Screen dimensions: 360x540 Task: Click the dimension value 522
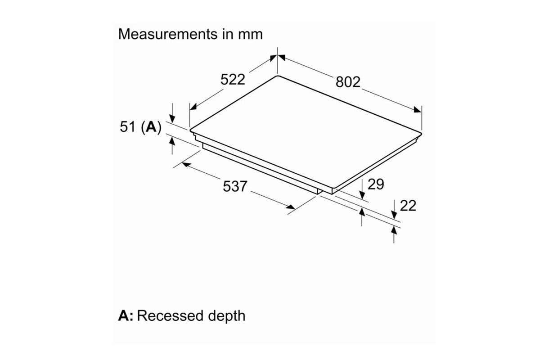point(233,80)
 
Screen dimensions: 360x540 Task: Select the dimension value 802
point(348,82)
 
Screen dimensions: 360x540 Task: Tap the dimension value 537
point(235,186)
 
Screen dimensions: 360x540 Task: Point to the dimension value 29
point(376,184)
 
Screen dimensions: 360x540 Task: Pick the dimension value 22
point(408,206)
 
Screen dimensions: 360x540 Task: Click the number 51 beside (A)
point(128,127)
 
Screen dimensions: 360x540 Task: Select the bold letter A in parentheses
point(151,127)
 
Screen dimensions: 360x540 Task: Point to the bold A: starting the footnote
point(126,315)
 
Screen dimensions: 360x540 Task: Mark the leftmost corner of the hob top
point(190,130)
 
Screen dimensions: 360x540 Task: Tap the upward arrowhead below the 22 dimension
point(394,229)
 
